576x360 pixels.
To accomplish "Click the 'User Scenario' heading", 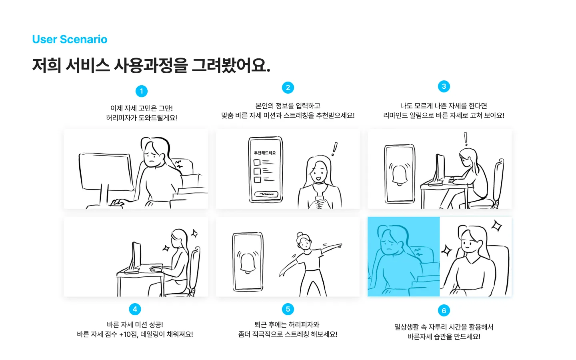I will coord(70,39).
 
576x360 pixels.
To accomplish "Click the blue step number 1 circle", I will coord(141,91).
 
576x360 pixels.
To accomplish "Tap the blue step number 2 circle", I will coord(288,88).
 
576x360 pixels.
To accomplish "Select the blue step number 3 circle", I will coord(444,86).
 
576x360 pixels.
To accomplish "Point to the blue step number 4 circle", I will coord(135,309).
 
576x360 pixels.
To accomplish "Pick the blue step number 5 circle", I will coord(288,309).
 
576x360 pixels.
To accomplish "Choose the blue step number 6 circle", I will coord(444,310).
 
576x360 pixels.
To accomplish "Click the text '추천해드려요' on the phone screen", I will coord(265,153).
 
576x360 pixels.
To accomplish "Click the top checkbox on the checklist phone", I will coord(257,162).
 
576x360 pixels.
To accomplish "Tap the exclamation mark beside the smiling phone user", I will coord(334,149).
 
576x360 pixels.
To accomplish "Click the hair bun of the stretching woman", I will coord(300,235).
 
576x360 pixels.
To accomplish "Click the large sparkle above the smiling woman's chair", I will coord(496,226).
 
